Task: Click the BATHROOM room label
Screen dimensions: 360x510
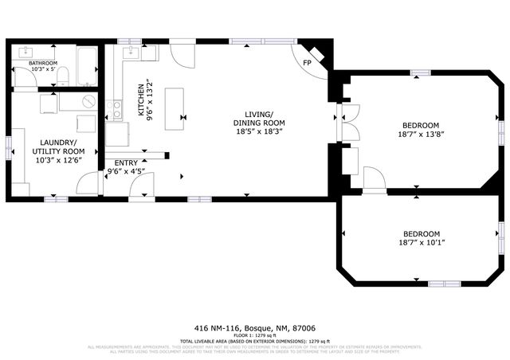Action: point(43,63)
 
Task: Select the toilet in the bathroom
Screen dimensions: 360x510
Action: point(63,76)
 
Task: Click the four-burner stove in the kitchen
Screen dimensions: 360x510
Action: point(116,109)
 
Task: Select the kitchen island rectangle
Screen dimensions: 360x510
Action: point(175,108)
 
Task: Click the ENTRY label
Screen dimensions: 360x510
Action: point(126,163)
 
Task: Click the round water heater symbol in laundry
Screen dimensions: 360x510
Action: point(88,103)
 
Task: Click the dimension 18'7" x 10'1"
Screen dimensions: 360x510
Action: point(420,243)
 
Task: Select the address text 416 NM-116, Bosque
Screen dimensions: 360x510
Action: point(254,327)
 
